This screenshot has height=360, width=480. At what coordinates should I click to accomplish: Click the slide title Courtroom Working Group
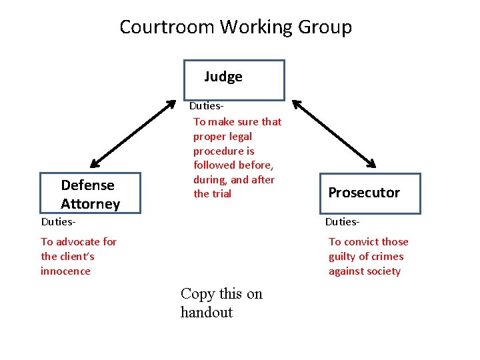click(x=235, y=27)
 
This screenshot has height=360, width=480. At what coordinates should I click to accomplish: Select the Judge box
click(x=235, y=79)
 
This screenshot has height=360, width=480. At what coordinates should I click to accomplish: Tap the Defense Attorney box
click(x=91, y=194)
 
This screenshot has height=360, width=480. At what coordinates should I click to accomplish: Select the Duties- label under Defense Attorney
click(x=58, y=221)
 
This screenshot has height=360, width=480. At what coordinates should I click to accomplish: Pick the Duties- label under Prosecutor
click(x=342, y=221)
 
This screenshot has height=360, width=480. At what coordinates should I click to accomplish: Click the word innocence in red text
click(x=65, y=271)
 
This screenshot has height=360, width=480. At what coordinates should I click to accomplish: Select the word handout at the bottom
click(x=207, y=313)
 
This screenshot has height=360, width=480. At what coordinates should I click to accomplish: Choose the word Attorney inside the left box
click(x=90, y=204)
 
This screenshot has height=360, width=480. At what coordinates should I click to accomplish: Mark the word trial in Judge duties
click(x=222, y=194)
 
